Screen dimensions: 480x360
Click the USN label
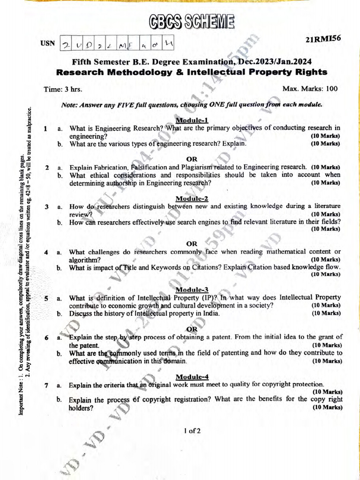coord(47,43)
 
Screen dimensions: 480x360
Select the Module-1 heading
coord(192,120)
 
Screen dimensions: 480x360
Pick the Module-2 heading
coord(192,198)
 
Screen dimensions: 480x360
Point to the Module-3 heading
coord(192,290)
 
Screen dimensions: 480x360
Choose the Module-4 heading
coord(192,376)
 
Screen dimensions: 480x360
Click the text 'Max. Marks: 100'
coord(310,89)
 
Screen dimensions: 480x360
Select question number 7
coord(46,385)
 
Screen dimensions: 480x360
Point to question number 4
coord(46,252)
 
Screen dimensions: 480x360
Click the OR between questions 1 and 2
coord(192,158)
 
